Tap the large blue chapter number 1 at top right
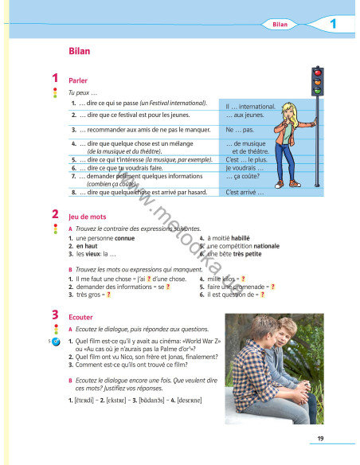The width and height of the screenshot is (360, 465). (x=332, y=25)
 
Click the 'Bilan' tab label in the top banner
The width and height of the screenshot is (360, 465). (x=279, y=25)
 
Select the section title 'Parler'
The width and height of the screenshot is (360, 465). (x=78, y=81)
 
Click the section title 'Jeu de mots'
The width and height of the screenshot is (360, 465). (x=87, y=217)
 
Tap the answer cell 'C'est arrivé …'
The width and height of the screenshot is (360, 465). (x=245, y=192)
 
